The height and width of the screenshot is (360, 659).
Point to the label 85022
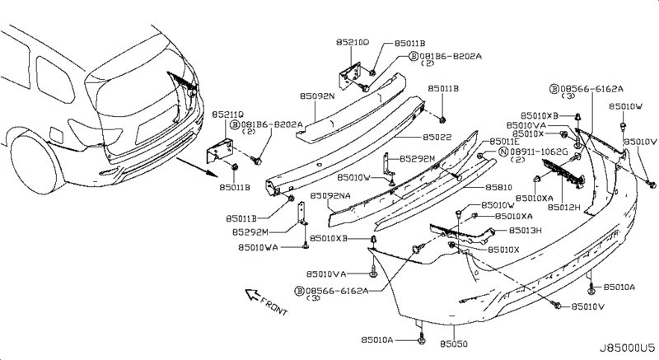(440, 137)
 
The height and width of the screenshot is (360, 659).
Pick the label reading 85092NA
(330, 196)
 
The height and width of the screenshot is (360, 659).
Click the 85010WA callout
(258, 246)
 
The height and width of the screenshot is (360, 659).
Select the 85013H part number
(525, 231)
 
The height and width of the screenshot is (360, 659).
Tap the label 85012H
(564, 208)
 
